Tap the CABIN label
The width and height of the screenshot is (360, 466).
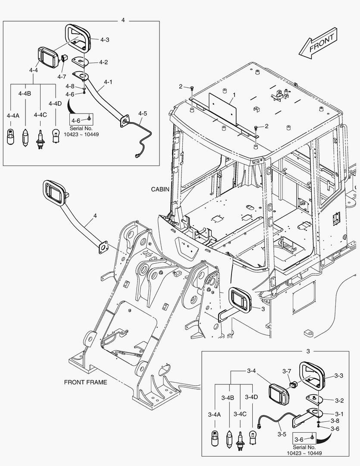coord(160,189)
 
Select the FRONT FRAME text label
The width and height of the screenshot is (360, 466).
coord(85,382)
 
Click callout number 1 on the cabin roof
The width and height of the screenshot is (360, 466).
coord(234,94)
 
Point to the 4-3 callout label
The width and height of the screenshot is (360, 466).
coord(104,40)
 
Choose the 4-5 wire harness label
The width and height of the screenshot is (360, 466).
coord(143,113)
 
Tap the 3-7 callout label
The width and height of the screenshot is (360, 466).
coord(287,371)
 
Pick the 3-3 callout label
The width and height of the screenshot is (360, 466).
coord(338,376)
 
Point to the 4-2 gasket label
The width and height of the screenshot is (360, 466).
coord(103,62)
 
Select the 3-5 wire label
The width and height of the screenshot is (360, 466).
coord(282,434)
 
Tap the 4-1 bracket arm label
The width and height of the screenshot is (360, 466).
coord(108,82)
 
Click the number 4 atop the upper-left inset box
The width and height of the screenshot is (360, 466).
coord(123,20)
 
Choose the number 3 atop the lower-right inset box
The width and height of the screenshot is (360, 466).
coord(308,351)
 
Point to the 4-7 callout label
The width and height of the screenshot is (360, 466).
coord(62,76)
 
